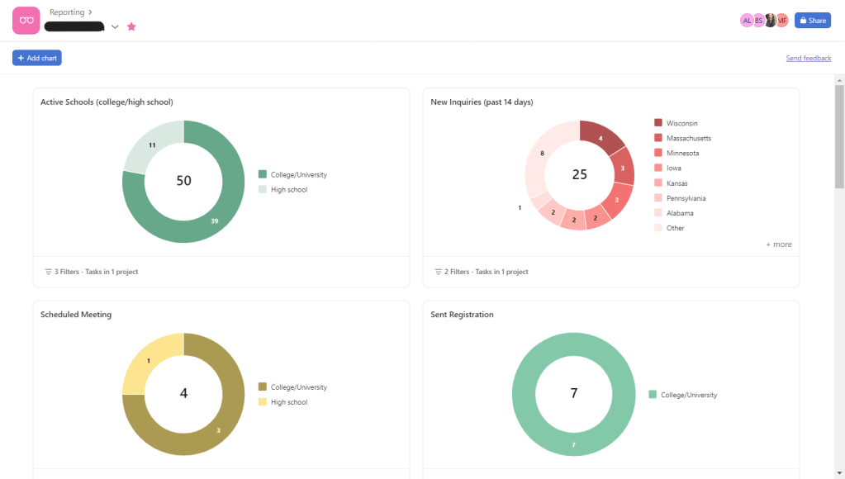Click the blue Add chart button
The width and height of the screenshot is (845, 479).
click(x=37, y=58)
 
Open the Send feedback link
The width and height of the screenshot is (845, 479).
click(x=808, y=59)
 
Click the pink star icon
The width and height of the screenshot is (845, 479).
click(x=131, y=26)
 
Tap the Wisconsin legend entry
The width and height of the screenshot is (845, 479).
click(x=681, y=123)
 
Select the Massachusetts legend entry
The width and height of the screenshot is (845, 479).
click(x=688, y=138)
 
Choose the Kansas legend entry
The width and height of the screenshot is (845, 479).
click(x=676, y=183)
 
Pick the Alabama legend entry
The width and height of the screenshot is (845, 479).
click(x=680, y=213)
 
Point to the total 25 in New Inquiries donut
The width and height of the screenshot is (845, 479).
click(x=580, y=174)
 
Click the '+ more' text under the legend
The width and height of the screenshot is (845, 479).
click(x=778, y=244)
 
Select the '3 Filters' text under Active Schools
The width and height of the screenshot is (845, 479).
click(x=91, y=272)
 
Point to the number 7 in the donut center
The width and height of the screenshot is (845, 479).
click(x=574, y=393)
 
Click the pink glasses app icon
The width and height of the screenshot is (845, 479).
click(x=26, y=20)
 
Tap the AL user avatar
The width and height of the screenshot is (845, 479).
click(x=747, y=21)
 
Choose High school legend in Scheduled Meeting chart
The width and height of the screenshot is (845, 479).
click(x=288, y=402)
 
